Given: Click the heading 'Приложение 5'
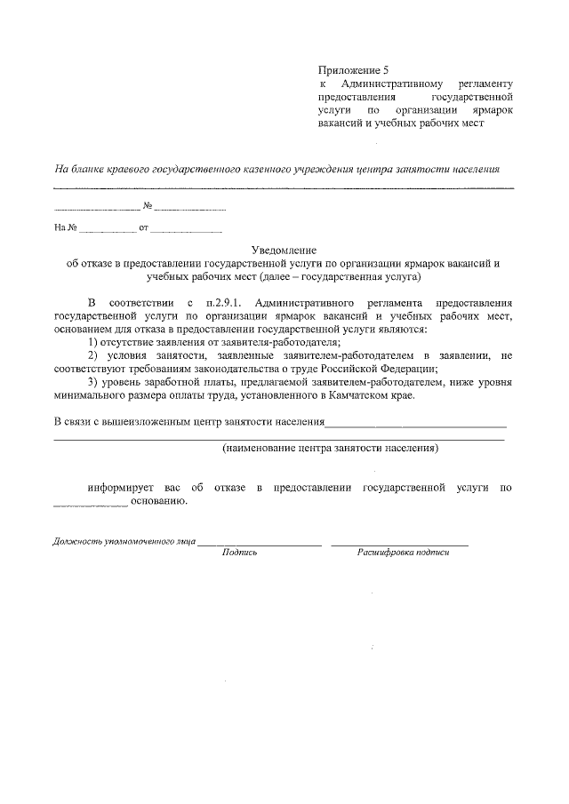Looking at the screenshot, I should pyautogui.click(x=354, y=68).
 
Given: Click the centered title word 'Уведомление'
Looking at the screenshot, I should pyautogui.click(x=284, y=251).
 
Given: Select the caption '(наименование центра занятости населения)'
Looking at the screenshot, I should pyautogui.click(x=330, y=449).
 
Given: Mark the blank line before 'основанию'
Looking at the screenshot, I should pyautogui.click(x=91, y=505).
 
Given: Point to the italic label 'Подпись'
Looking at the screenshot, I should pyautogui.click(x=239, y=552).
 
